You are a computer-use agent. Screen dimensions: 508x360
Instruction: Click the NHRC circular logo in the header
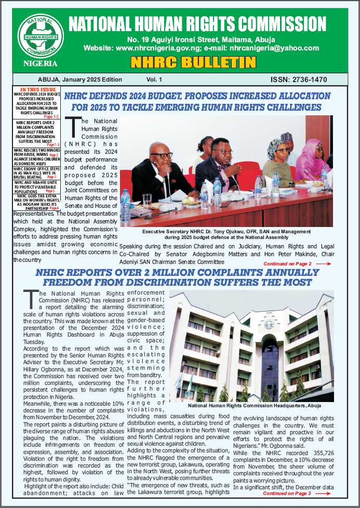[x=40, y=35]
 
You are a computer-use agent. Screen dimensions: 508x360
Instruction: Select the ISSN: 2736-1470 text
[x=299, y=79]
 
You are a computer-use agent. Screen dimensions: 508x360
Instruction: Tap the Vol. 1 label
[x=154, y=79]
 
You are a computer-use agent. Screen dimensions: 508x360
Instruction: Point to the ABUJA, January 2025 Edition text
[x=80, y=79]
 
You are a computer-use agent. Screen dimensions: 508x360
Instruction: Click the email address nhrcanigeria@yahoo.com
[x=276, y=48]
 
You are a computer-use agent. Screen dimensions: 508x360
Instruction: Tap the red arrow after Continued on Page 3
[x=323, y=493]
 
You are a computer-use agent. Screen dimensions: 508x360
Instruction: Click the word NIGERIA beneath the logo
[x=40, y=63]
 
